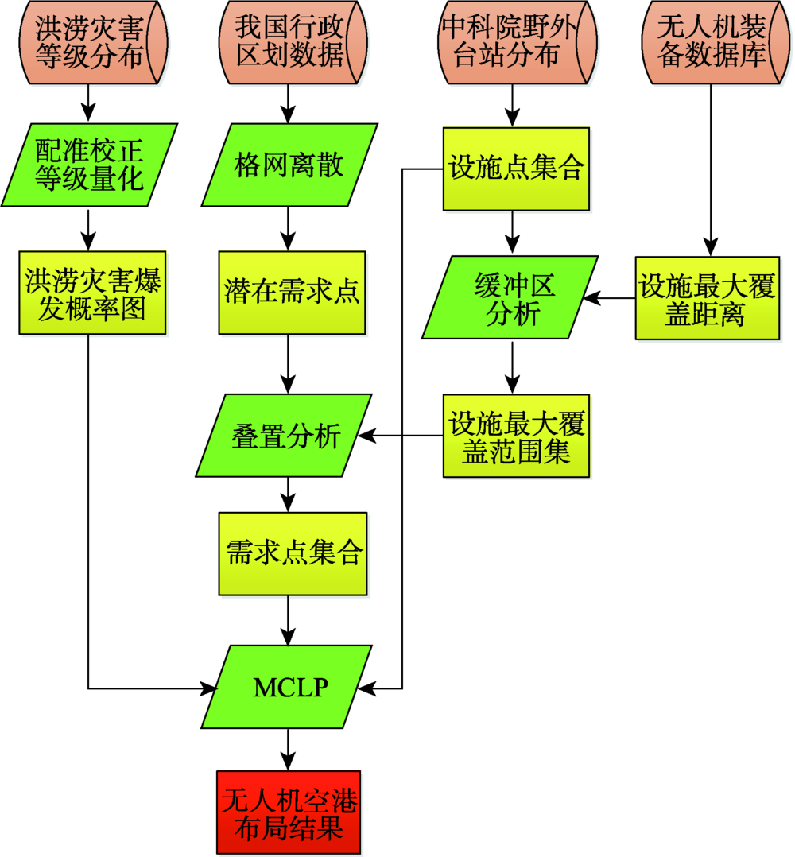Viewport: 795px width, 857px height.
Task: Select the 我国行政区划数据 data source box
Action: (x=289, y=42)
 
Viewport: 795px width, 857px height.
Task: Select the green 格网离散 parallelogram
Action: (x=289, y=165)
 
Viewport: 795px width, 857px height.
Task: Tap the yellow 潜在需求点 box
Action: (x=292, y=293)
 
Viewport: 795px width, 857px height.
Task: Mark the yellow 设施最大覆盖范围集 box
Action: (x=516, y=436)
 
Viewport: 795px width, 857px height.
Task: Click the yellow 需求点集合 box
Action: (x=293, y=553)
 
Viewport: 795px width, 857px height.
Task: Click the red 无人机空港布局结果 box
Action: (x=288, y=811)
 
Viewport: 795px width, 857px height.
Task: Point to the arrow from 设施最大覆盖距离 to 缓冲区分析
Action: (x=609, y=298)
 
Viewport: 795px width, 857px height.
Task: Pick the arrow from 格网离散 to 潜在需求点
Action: (x=288, y=228)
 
